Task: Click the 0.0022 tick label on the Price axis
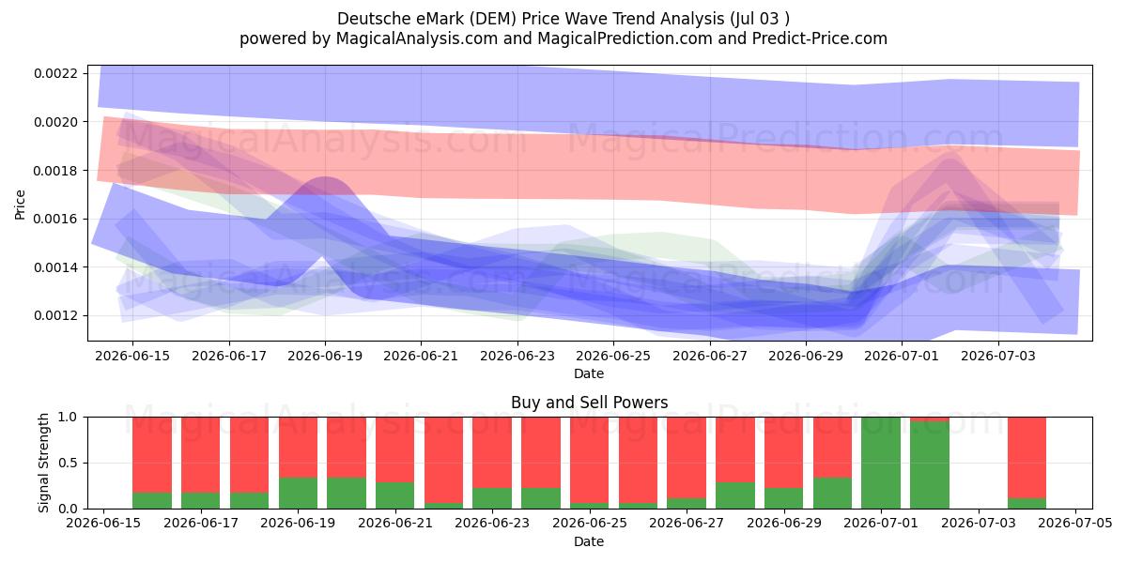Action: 55,73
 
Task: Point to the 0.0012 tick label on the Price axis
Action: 55,315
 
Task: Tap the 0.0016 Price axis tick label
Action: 55,220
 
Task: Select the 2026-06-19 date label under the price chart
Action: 325,356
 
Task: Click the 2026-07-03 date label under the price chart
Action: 998,356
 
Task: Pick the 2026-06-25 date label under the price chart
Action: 613,356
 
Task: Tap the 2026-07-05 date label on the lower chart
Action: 1075,524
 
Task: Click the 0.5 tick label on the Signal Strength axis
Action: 69,463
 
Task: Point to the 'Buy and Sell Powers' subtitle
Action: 589,403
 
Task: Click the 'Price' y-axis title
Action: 20,205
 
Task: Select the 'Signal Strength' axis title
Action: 44,463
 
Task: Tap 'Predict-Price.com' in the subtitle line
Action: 820,38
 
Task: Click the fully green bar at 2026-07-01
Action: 881,463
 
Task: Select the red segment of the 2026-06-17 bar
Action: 201,455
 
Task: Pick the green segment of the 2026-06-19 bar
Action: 299,494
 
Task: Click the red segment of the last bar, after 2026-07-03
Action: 1027,458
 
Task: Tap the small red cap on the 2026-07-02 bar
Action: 930,419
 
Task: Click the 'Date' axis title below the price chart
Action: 589,373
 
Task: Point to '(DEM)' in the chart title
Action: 494,19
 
